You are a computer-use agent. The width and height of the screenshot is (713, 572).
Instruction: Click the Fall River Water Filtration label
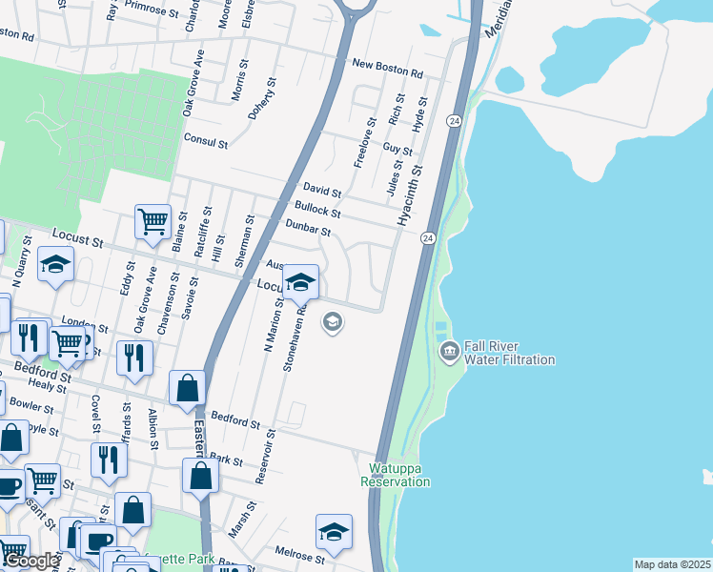click(x=510, y=353)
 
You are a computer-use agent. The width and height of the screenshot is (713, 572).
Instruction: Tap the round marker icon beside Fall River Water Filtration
click(x=449, y=353)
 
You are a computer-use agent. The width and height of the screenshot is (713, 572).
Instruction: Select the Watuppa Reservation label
click(x=396, y=475)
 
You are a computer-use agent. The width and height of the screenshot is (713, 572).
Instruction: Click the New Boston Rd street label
click(x=386, y=71)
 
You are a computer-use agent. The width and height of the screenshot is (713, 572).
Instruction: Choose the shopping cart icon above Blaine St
click(x=153, y=222)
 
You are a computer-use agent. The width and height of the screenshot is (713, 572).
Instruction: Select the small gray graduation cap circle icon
click(x=333, y=322)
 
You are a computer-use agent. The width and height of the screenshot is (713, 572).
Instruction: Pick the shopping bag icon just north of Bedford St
click(x=188, y=387)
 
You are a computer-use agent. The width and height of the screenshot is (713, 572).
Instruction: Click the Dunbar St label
click(x=308, y=227)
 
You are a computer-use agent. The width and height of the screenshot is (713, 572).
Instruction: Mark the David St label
click(x=322, y=192)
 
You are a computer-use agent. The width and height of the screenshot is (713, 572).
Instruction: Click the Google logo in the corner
click(x=31, y=561)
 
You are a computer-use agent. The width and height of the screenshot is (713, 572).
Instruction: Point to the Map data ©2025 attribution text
click(x=672, y=564)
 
